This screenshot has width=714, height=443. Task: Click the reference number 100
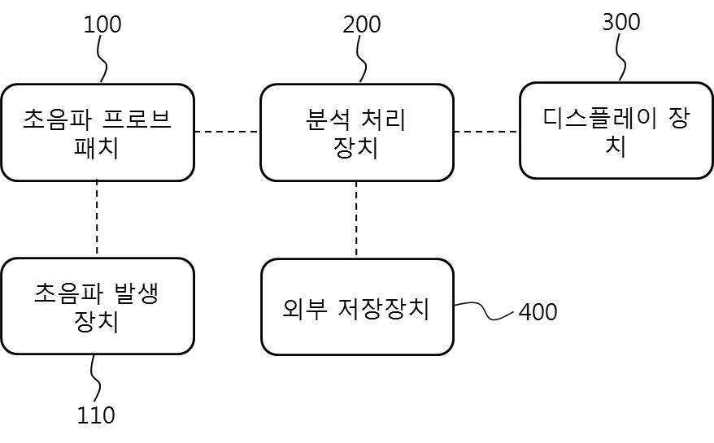click(102, 24)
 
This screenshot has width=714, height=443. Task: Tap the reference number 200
click(361, 24)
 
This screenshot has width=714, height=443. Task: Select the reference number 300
click(620, 22)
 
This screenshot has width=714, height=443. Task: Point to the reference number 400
click(538, 312)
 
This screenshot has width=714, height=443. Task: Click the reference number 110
click(96, 415)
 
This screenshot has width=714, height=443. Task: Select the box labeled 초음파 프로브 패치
click(98, 132)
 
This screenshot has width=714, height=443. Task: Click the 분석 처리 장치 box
click(356, 132)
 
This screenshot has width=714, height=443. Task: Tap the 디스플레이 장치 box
click(616, 130)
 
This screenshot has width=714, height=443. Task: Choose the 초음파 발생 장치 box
click(98, 306)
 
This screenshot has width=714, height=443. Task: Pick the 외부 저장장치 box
click(356, 307)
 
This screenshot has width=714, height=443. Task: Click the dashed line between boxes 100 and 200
click(227, 132)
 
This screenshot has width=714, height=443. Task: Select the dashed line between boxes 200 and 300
click(486, 131)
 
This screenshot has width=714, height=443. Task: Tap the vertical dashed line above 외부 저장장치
click(355, 219)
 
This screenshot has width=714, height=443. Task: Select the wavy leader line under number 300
click(621, 59)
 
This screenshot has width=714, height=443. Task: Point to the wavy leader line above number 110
click(94, 379)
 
